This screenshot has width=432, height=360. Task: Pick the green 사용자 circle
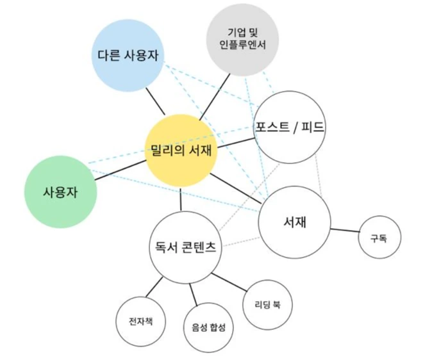point(60,192)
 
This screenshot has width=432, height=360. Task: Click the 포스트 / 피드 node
point(290,127)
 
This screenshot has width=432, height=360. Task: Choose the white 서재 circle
point(294,222)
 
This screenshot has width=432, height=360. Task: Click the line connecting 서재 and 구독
point(345,230)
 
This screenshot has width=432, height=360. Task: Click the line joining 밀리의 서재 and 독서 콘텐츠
point(181,199)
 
